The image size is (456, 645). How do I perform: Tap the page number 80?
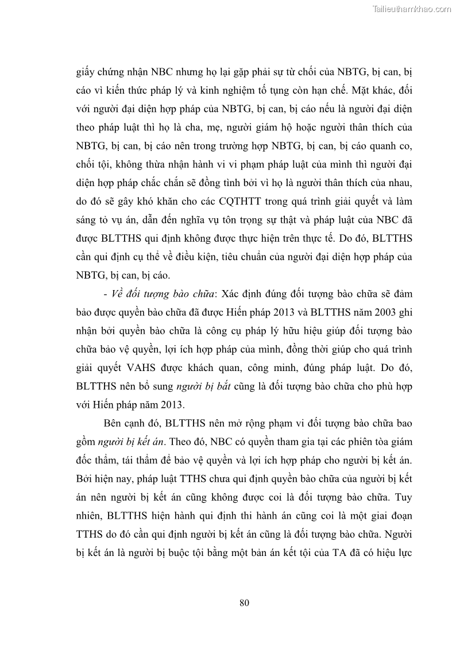point(244,602)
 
